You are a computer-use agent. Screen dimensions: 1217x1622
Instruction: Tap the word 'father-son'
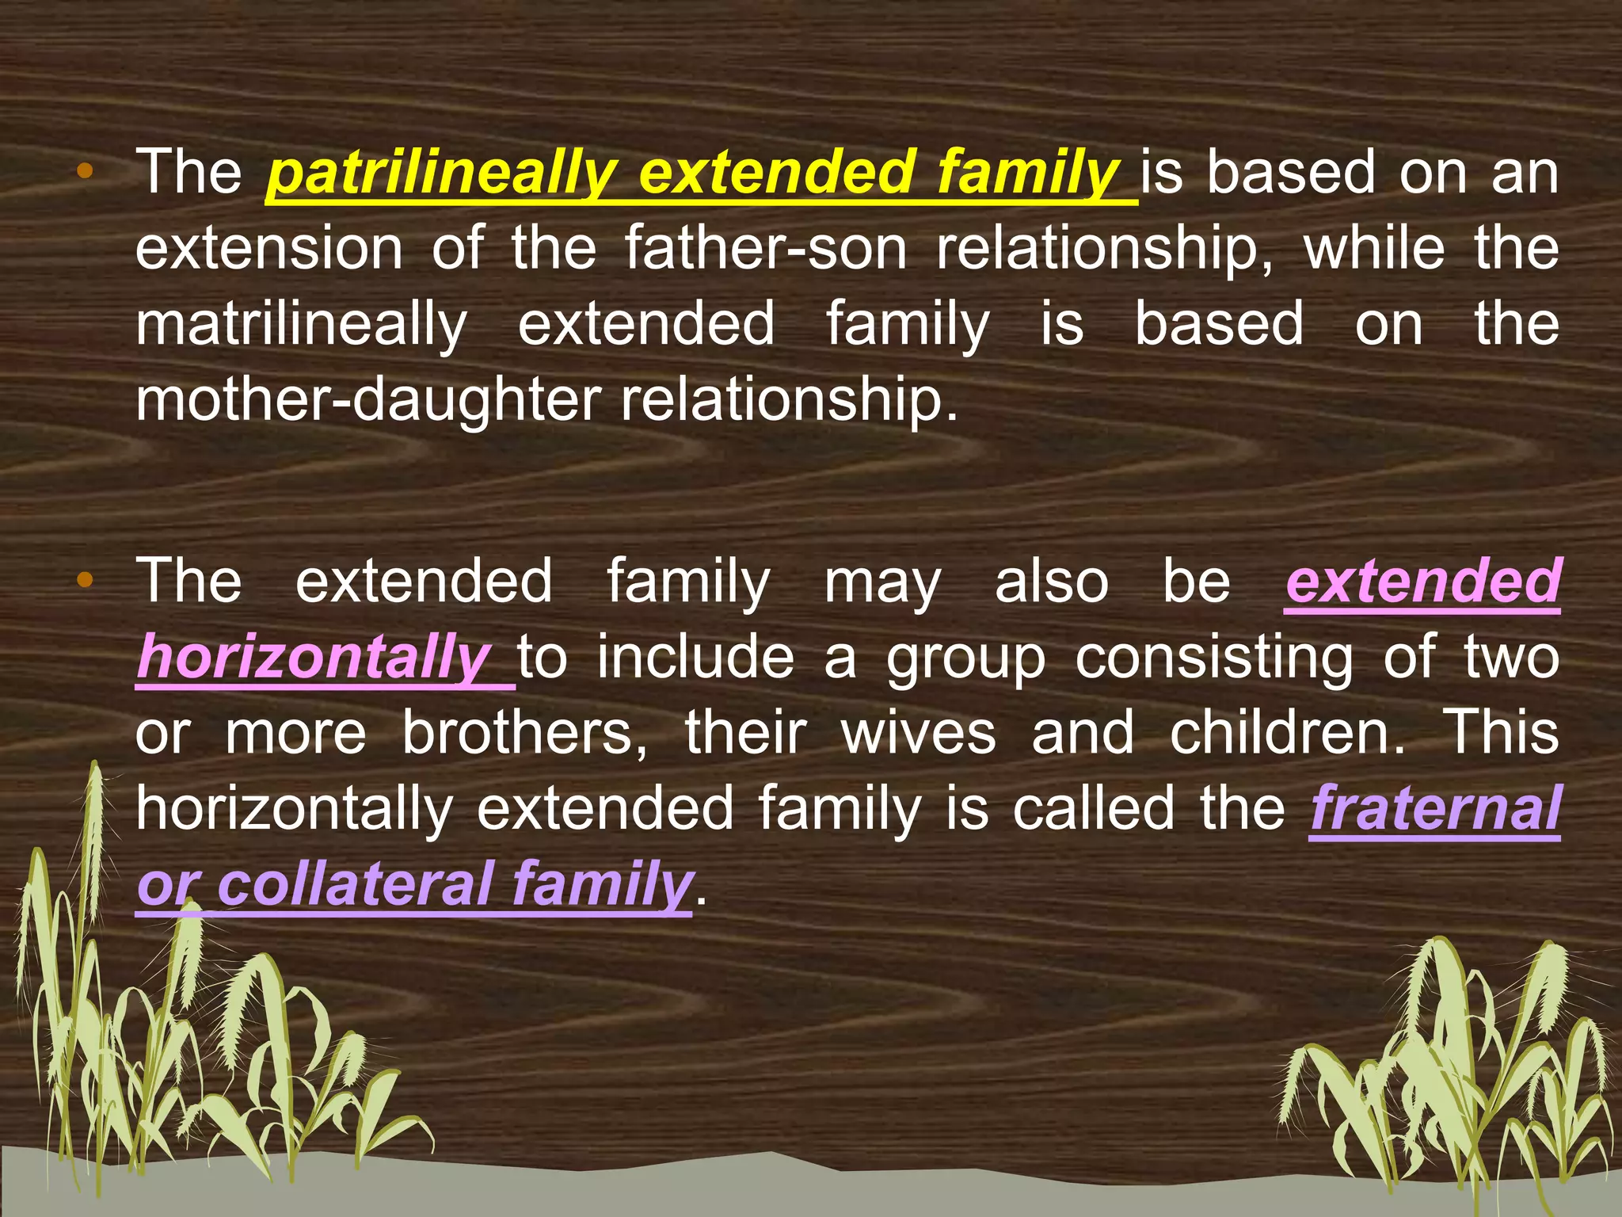point(765,249)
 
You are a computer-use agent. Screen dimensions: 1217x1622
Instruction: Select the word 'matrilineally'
point(301,325)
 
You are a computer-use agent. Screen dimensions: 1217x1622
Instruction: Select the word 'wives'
point(918,734)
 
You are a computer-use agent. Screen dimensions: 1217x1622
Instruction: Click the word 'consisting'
point(1213,658)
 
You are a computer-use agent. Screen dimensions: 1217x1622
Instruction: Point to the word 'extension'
point(268,249)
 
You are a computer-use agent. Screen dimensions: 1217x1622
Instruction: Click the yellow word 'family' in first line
point(1028,174)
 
